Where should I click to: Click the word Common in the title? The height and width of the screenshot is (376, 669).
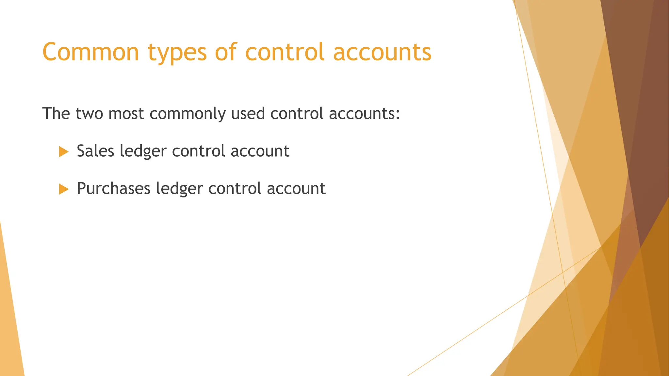click(91, 52)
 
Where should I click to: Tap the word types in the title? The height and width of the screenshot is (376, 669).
click(177, 53)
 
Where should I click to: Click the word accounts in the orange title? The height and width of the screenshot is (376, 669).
click(382, 52)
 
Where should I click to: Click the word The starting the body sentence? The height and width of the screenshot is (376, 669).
click(56, 114)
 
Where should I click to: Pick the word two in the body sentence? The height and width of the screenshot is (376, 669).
click(89, 114)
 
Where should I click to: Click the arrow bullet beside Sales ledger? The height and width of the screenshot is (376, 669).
click(63, 152)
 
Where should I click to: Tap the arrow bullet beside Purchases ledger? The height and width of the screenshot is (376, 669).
click(63, 189)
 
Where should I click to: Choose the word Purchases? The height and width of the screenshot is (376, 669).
click(113, 189)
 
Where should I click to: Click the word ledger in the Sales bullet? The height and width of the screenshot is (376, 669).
click(143, 152)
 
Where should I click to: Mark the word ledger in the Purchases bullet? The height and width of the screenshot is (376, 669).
click(179, 189)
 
